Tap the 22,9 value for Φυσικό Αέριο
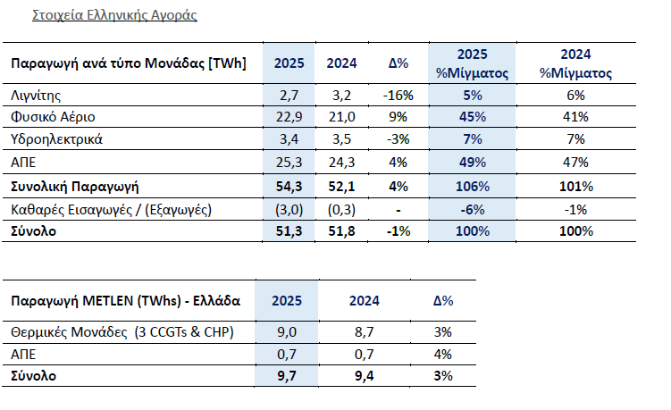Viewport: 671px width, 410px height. click(x=287, y=117)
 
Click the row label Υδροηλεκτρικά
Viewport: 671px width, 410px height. click(x=56, y=139)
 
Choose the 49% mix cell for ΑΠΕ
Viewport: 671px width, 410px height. click(x=472, y=163)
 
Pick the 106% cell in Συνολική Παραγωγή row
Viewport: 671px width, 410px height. click(x=472, y=186)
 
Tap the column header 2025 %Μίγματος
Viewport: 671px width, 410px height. click(x=472, y=63)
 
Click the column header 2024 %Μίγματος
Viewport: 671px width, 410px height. click(x=575, y=63)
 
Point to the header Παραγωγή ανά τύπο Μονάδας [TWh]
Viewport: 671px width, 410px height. click(x=128, y=63)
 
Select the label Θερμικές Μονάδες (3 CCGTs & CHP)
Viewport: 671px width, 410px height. click(x=122, y=333)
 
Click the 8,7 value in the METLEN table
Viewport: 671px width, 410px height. click(x=365, y=333)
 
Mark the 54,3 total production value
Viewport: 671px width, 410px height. click(x=287, y=186)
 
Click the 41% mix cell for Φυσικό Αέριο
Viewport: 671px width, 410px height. click(x=575, y=117)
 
